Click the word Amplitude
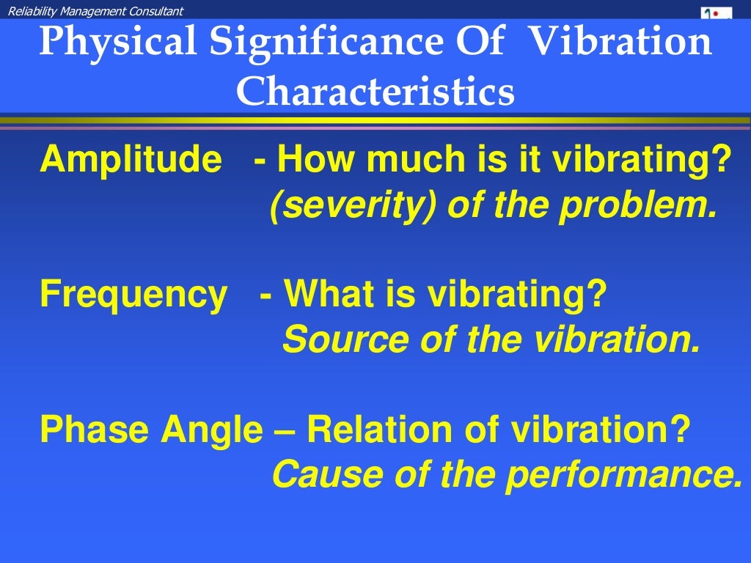tap(131, 160)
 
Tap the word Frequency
tap(133, 295)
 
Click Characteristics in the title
tap(375, 92)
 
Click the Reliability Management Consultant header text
tap(95, 10)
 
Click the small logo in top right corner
tap(716, 12)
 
